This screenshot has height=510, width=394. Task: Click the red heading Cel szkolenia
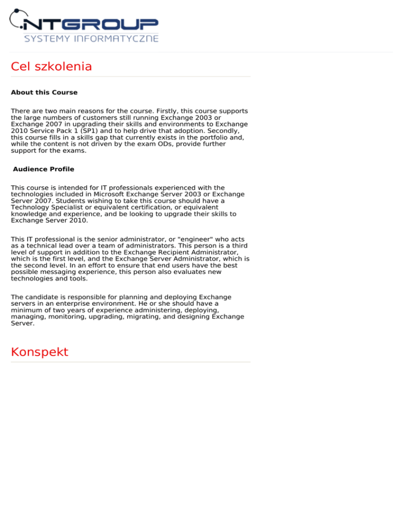[51, 67]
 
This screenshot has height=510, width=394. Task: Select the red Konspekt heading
[39, 352]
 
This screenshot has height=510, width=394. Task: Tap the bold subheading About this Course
[44, 93]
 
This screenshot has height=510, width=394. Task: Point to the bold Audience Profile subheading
[44, 169]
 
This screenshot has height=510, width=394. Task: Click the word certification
[119, 207]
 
